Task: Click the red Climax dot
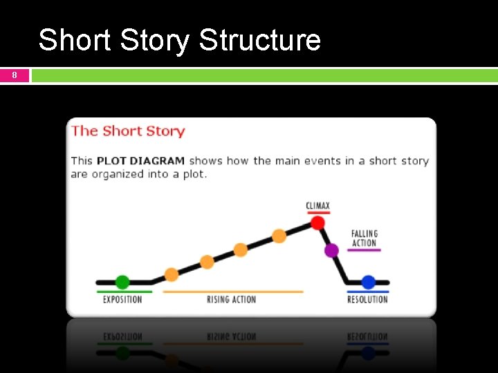[317, 222]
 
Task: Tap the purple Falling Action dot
[331, 250]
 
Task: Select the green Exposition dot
[122, 282]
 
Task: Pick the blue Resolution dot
[368, 282]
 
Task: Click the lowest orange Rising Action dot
[172, 274]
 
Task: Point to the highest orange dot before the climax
[279, 236]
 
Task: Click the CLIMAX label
[318, 206]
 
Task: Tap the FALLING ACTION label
[365, 238]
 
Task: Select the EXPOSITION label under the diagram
[122, 300]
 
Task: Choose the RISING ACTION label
[231, 300]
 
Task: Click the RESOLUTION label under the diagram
[367, 300]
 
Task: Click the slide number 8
[15, 75]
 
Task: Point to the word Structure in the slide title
[259, 40]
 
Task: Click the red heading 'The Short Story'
[128, 131]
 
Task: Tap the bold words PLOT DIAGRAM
[140, 161]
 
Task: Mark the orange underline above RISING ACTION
[232, 291]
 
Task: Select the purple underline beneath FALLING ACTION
[364, 250]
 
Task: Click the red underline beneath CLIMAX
[318, 213]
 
